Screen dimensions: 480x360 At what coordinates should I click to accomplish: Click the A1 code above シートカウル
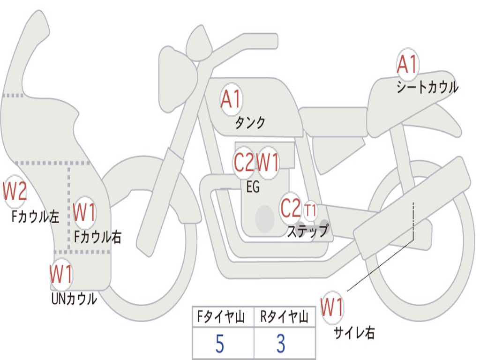[407, 64]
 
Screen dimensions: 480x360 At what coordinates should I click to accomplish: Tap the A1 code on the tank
[231, 99]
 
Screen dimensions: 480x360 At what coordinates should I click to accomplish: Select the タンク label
[250, 123]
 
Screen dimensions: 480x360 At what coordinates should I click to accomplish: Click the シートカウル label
[427, 87]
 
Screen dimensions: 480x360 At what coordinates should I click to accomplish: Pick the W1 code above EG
[268, 162]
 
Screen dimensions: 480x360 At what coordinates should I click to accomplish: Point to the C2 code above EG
[244, 162]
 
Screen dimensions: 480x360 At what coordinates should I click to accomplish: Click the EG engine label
[253, 187]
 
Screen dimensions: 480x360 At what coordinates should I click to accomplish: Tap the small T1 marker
[310, 210]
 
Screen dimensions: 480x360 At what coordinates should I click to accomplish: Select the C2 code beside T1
[291, 208]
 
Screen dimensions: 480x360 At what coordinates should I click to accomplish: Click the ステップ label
[308, 230]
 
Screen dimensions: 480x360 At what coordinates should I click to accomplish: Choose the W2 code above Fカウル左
[15, 191]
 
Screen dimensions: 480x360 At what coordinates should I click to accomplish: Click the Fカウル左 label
[35, 216]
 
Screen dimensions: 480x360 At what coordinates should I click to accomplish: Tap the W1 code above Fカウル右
[84, 212]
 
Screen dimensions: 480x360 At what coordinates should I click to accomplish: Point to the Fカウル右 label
[97, 237]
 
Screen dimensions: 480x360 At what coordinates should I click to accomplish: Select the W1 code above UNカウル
[60, 274]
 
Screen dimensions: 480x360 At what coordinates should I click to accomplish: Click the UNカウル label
[75, 299]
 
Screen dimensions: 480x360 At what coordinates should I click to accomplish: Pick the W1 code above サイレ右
[332, 307]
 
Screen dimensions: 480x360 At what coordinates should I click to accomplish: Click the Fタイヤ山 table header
[221, 317]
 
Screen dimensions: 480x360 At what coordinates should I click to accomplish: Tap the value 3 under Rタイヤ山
[281, 344]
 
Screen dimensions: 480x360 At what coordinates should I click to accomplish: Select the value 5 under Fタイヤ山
[220, 344]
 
